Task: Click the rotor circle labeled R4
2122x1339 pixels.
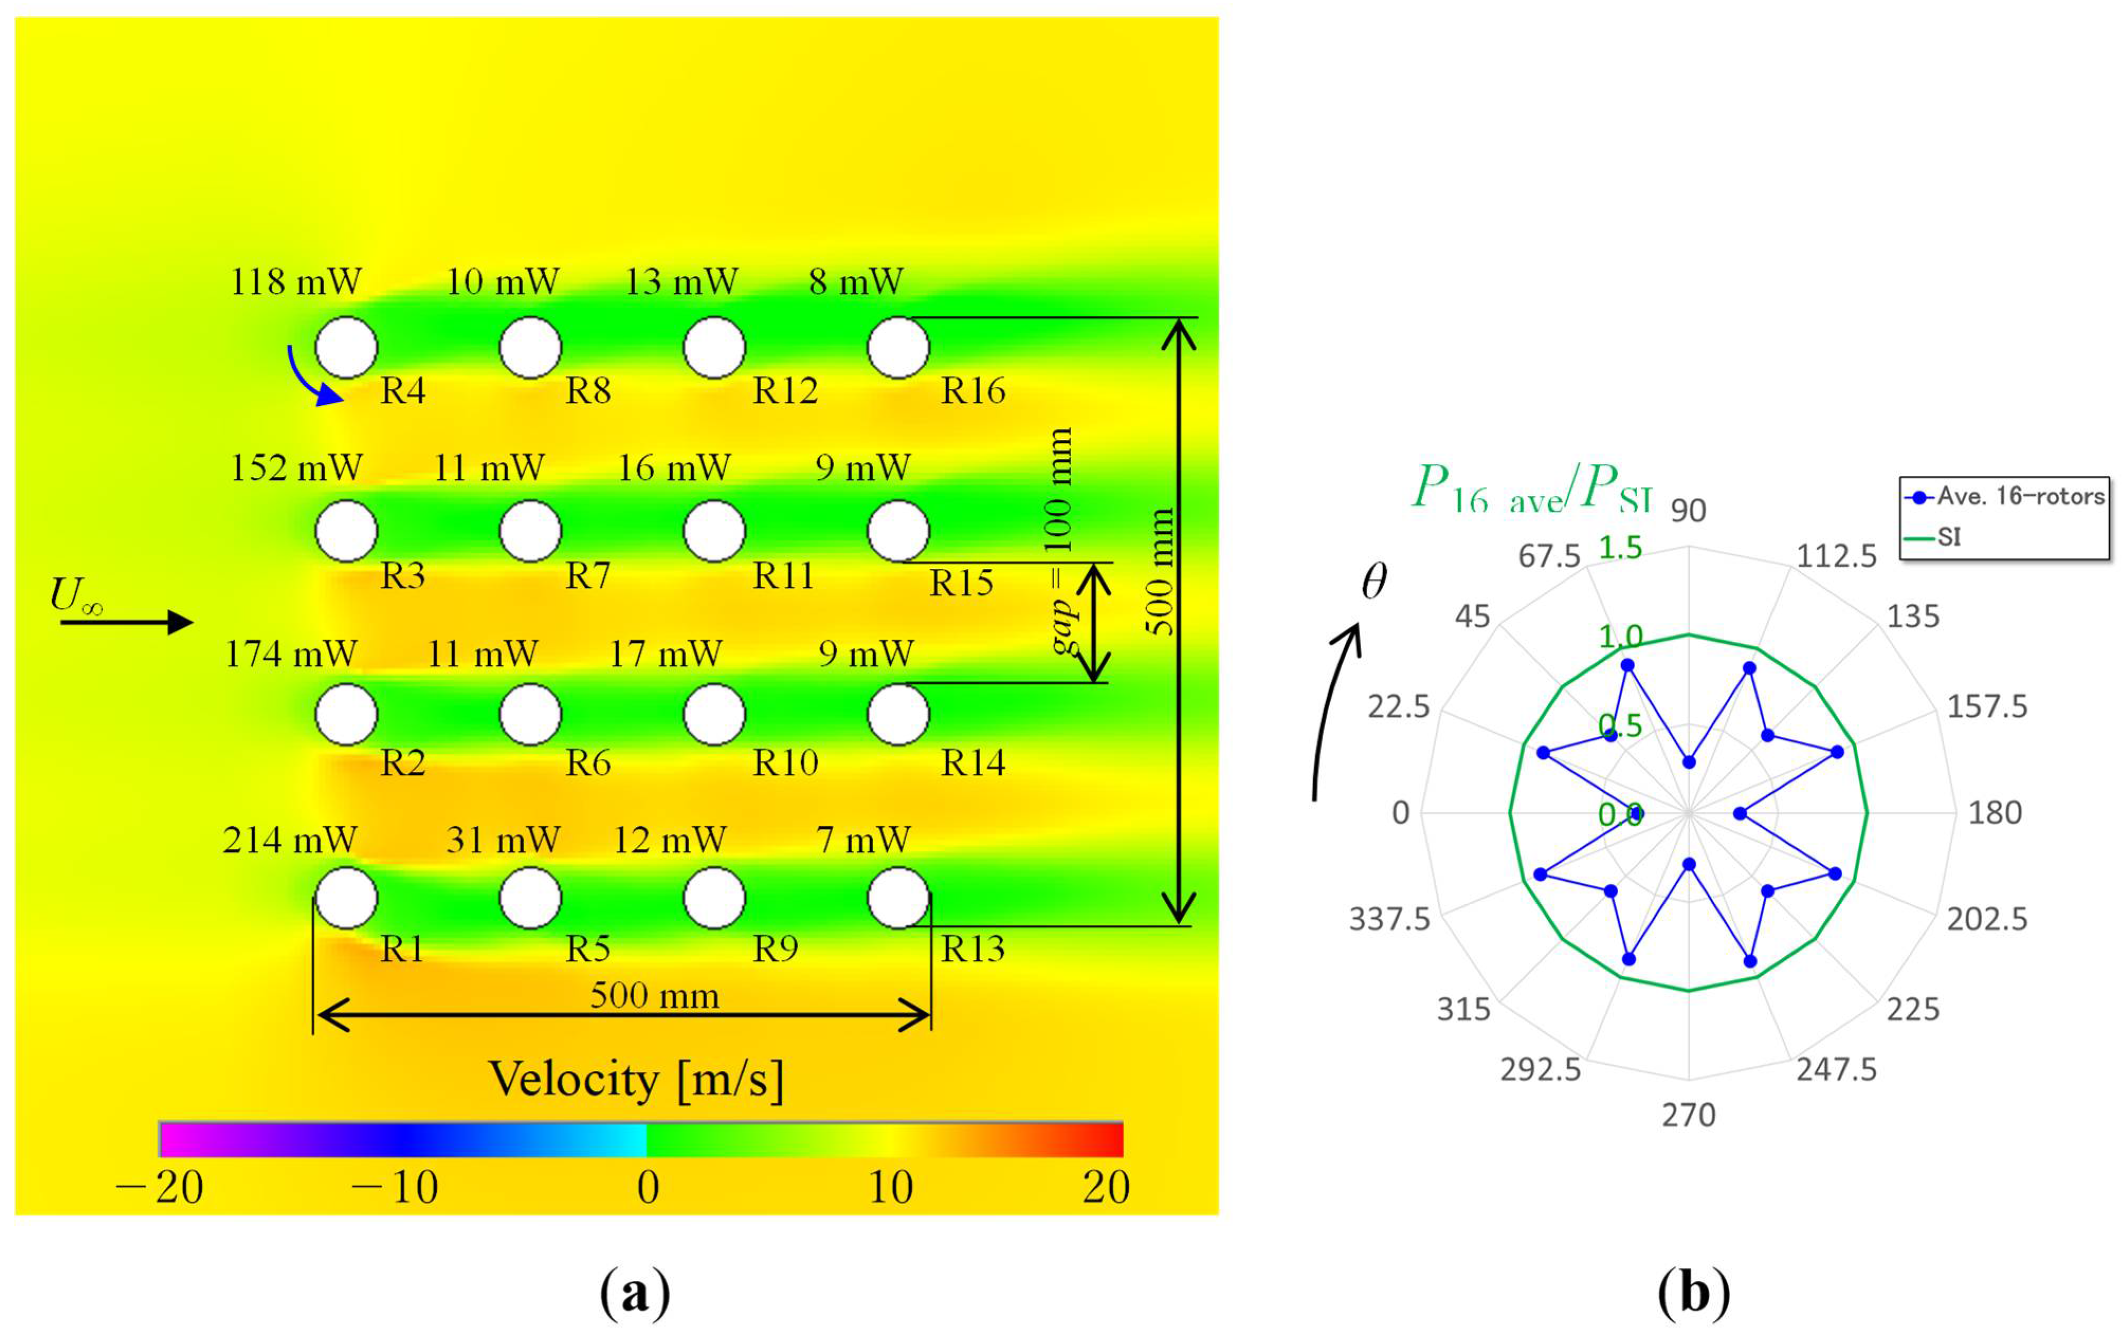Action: [346, 347]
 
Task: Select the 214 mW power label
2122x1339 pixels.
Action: [290, 839]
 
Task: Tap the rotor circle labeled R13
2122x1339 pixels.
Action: [898, 898]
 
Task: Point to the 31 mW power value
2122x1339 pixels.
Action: [502, 839]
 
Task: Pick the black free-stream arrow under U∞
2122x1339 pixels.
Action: [126, 622]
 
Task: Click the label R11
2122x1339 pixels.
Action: [783, 575]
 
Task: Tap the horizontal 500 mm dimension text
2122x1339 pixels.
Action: [654, 995]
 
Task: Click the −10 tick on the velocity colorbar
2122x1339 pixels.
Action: [395, 1187]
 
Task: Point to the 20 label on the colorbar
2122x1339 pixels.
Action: [1106, 1187]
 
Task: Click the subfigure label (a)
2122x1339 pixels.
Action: [635, 1291]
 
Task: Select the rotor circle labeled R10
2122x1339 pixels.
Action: [714, 714]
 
